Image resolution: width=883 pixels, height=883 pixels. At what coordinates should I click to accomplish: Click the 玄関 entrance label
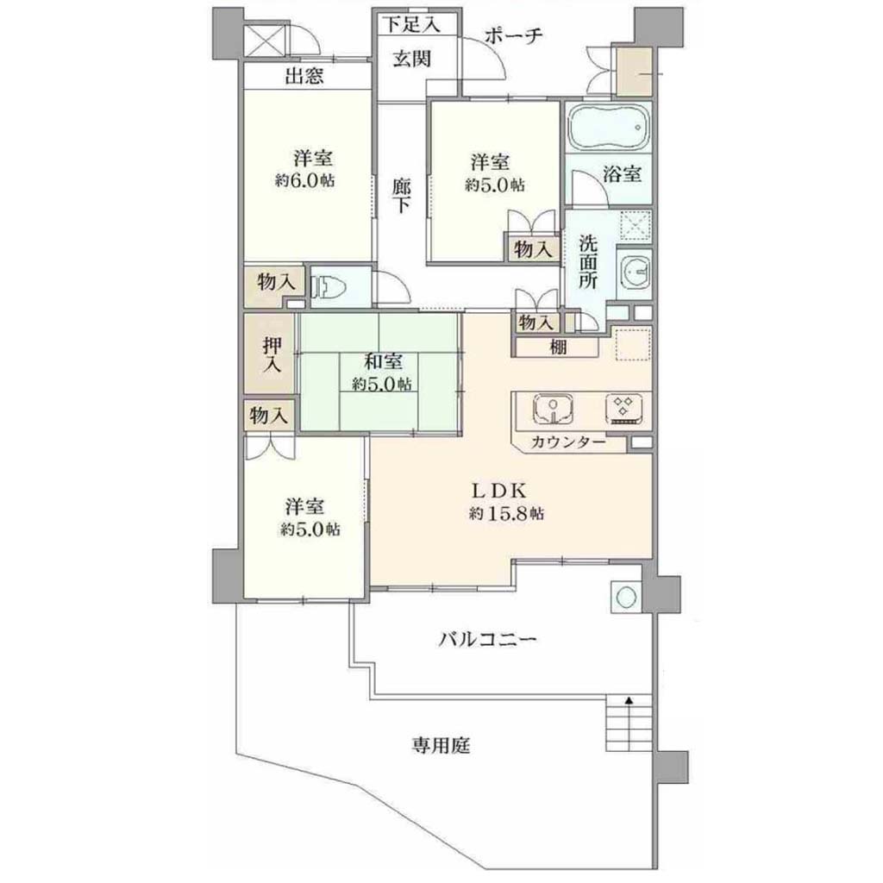[x=412, y=59]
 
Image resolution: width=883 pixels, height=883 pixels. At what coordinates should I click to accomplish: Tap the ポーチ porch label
[x=513, y=36]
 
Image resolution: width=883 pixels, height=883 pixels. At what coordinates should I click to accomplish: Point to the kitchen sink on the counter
[x=554, y=410]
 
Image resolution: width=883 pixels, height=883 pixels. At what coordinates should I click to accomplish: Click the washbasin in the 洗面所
[x=634, y=273]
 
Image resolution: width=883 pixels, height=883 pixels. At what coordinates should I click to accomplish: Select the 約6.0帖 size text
[x=304, y=181]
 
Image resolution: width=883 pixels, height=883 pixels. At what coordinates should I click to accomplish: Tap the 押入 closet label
[x=272, y=354]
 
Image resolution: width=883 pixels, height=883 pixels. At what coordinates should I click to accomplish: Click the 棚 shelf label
[x=558, y=348]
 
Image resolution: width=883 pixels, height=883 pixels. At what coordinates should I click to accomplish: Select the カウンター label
[x=567, y=442]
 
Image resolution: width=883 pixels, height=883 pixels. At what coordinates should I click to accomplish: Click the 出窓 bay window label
[x=304, y=76]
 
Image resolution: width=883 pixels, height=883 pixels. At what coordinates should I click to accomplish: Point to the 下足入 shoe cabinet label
[x=411, y=24]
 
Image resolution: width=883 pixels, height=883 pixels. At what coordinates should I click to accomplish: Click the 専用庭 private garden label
[x=440, y=746]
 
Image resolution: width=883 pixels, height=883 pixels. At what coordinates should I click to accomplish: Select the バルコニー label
[x=488, y=640]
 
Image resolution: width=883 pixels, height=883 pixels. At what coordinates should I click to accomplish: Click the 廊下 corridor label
[x=401, y=196]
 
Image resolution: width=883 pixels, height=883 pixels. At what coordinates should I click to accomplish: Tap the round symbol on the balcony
[x=626, y=597]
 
